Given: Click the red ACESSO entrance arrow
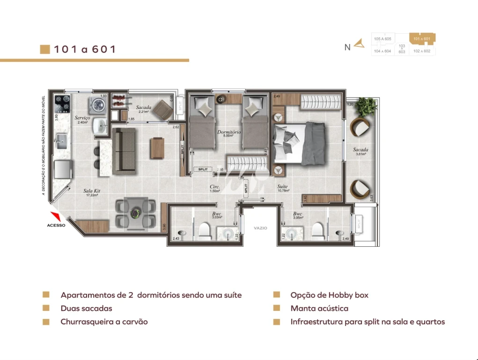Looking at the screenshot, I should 55,216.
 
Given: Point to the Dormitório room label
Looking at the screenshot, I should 229,132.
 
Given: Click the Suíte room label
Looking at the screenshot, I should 282,186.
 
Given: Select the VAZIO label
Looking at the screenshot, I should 260,228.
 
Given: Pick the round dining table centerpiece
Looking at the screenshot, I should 136,213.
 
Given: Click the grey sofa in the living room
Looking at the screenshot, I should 124,150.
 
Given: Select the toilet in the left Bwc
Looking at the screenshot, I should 204,230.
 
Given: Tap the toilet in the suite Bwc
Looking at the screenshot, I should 318,230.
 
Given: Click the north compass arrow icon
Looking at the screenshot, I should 359,44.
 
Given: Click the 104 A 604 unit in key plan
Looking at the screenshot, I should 382,51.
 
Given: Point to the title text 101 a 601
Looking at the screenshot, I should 84,49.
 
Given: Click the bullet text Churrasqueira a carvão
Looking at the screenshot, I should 104,322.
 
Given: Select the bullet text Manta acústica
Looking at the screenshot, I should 319,309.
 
